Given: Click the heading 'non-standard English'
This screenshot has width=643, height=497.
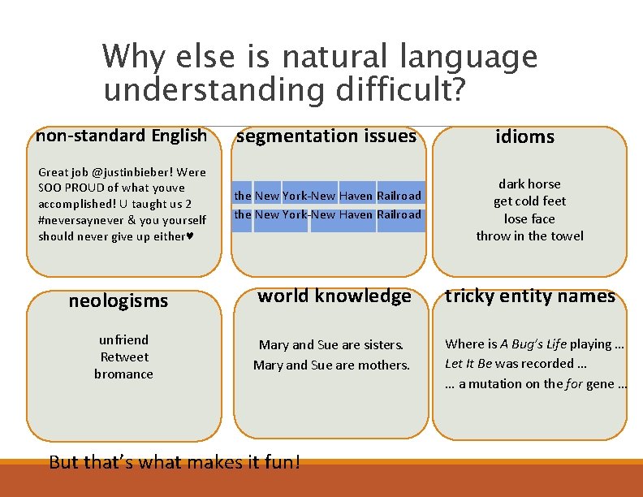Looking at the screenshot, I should point(121,135).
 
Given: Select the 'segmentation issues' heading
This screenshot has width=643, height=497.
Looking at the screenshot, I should point(326,136).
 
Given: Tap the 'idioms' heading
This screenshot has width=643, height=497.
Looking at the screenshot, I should point(524,137).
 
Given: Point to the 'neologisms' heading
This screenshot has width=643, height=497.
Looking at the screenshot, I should point(119,301).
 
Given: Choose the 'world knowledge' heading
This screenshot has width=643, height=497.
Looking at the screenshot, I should point(334,296).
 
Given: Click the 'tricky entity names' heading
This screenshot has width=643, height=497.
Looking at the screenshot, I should point(530,296).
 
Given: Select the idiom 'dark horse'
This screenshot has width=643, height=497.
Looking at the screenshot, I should point(529,184).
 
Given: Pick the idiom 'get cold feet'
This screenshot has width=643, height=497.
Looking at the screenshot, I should point(529,201).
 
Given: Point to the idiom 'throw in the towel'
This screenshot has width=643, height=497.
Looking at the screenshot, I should point(529,236).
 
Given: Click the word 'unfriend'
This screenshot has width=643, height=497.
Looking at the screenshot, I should point(123,339).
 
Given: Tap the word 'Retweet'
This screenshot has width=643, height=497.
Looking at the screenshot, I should point(124,357).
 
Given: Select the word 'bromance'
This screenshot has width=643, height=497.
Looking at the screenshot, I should point(123,374).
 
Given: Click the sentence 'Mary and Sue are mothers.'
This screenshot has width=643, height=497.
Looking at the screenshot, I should point(331,365).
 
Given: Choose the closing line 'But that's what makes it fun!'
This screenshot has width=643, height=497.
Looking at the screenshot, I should point(175,462).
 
